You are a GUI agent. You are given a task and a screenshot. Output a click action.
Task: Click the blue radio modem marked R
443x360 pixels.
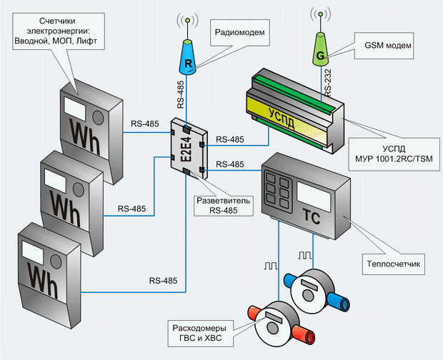tap(188, 58)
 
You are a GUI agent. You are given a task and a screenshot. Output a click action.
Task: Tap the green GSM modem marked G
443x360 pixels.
tap(320, 49)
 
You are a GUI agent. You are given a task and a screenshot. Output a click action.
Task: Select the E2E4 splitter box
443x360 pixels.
tap(189, 149)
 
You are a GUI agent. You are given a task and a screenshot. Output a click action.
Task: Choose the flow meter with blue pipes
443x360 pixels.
tap(317, 291)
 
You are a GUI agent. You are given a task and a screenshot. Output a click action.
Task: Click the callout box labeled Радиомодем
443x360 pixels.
tap(240, 32)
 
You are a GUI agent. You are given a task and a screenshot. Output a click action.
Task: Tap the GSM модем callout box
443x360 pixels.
tap(384, 46)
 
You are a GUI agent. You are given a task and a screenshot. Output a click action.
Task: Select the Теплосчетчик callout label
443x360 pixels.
tap(393, 264)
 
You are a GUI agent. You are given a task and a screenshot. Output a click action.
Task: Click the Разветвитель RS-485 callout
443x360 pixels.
tap(223, 206)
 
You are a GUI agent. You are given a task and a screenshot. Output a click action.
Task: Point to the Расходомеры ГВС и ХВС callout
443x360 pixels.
tap(200, 333)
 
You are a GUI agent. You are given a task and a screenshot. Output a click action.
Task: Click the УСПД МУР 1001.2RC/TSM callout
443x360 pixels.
tap(394, 154)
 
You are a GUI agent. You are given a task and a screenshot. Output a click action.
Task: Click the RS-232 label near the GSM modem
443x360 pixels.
tap(328, 83)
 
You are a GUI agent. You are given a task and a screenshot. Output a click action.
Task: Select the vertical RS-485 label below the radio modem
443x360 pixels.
tap(181, 94)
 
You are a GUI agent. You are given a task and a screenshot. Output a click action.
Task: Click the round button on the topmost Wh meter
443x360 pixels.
tap(98, 117)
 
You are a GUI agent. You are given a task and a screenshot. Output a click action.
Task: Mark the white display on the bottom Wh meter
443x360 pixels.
tap(32, 252)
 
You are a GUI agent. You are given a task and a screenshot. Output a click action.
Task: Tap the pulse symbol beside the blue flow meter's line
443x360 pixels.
tap(305, 256)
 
